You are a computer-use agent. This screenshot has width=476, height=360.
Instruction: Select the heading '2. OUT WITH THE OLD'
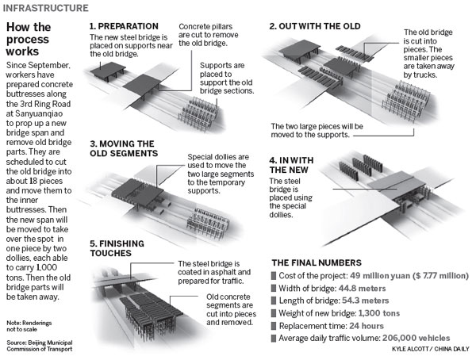click(x=315, y=25)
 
